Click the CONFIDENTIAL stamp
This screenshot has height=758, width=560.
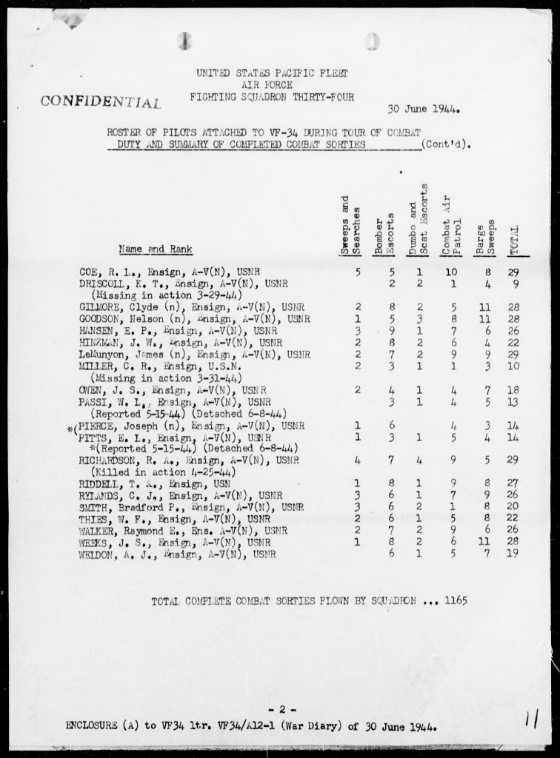coord(101,101)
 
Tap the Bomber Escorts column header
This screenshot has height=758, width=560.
coord(382,234)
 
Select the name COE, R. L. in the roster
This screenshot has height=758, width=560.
coord(101,272)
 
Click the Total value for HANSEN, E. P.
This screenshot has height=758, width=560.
coord(515,330)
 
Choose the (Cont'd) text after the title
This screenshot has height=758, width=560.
coord(446,145)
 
